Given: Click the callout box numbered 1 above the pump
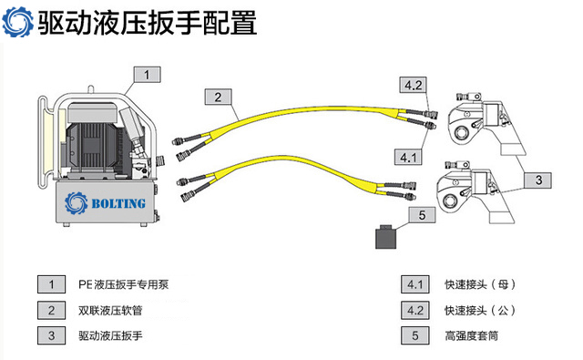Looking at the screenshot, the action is click(148, 75).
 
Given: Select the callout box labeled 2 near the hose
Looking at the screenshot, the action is click(219, 97).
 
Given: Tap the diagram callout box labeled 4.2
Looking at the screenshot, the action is click(413, 85).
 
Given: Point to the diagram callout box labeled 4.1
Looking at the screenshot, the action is click(408, 157).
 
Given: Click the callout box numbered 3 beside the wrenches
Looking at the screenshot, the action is click(538, 180).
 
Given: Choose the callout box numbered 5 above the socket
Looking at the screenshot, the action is click(422, 215).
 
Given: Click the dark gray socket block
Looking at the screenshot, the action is click(385, 237).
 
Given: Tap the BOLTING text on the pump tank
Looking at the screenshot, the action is click(118, 204).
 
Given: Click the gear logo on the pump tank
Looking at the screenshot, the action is click(77, 203).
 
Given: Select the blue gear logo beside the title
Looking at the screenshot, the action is click(17, 22).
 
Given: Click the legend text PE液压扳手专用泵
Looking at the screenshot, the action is click(124, 284).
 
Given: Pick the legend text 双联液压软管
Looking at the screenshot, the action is click(110, 310).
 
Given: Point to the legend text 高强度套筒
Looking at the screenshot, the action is click(472, 335).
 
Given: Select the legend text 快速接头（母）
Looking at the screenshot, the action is click(480, 284).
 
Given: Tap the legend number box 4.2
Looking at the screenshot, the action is click(415, 310).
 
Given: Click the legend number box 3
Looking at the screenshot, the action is click(51, 335).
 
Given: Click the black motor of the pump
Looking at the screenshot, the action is click(92, 146).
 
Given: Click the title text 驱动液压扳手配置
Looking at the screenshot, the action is click(148, 23).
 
